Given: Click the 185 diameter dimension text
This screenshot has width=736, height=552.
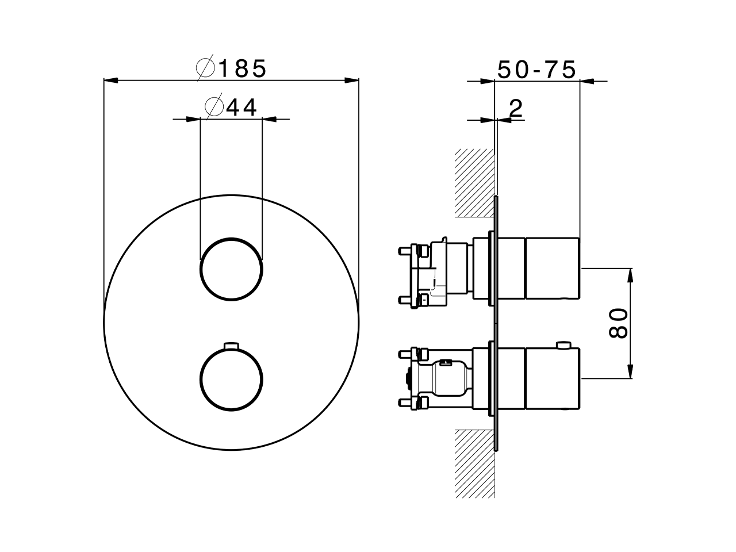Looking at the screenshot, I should coord(242,69).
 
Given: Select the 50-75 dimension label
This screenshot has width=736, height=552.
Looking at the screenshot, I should coord(536,70).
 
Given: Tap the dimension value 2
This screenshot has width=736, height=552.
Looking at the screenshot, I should coord(516,108).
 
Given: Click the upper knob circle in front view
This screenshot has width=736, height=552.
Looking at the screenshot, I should coord(231,269).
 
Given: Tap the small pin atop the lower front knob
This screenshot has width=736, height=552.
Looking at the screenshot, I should coord(231,345).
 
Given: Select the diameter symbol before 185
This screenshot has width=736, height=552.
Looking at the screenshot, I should coord(205,69).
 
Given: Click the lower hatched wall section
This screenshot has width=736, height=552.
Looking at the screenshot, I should coord(475,463).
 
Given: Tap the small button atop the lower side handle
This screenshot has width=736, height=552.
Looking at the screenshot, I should coord(564,345).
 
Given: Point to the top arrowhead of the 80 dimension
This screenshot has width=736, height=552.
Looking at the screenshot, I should coord(631,274).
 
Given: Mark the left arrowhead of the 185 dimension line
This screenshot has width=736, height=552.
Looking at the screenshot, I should coord(110,80).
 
